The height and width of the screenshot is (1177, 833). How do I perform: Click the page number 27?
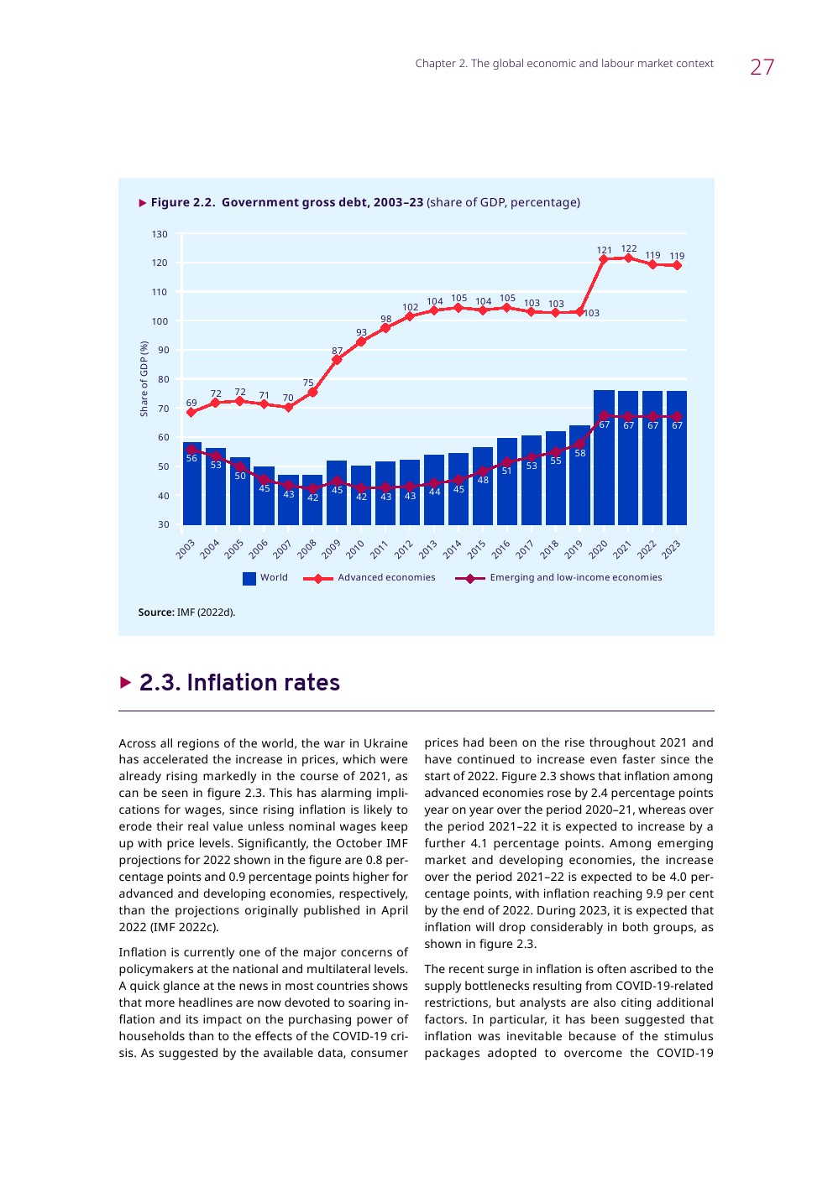762,67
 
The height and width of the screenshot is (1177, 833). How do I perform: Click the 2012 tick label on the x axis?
404,549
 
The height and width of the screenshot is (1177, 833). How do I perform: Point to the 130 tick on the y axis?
160,234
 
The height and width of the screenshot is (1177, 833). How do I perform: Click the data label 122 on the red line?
629,248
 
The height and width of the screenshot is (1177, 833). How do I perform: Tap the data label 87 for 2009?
337,351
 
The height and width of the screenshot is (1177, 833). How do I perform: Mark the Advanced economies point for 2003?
191,412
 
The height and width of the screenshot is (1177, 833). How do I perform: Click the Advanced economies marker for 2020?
604,259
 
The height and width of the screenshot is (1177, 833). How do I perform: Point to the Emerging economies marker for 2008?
313,488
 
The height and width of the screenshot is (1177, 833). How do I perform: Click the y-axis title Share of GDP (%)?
144,378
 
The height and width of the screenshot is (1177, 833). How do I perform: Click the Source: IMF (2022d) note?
186,612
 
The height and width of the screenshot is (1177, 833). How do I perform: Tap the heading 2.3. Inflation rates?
239,683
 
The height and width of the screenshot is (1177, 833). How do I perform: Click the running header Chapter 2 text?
564,64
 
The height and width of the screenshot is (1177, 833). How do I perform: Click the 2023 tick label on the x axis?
671,549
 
